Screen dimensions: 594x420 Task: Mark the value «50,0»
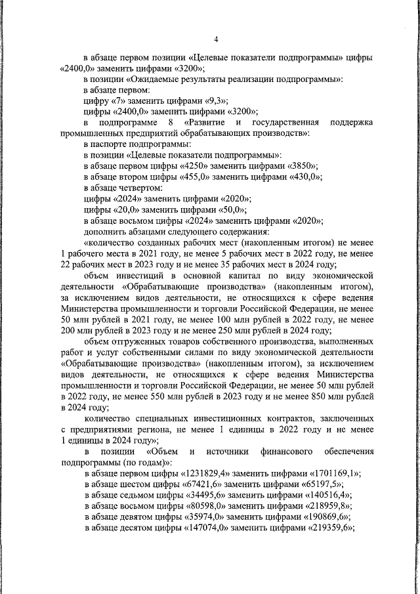click(227, 209)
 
